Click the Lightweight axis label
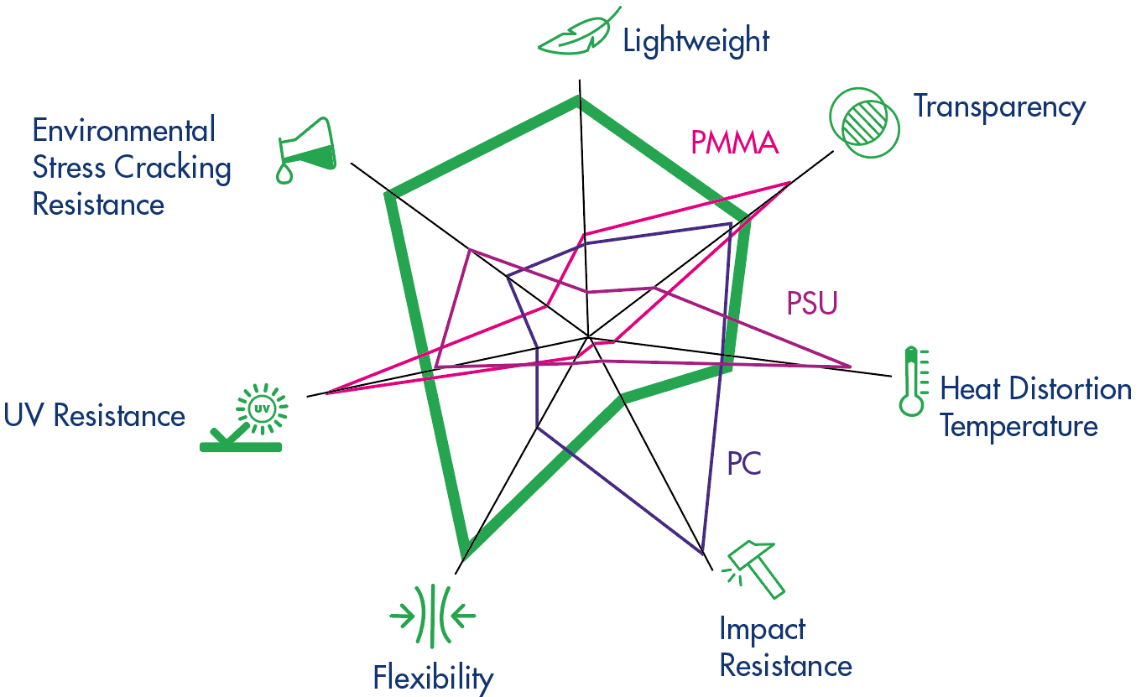click(x=696, y=40)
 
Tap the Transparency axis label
click(x=999, y=107)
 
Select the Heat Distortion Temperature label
click(x=1035, y=407)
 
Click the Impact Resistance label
click(x=785, y=647)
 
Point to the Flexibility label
click(x=433, y=676)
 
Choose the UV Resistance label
click(x=94, y=415)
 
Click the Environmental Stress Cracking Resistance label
click(x=131, y=167)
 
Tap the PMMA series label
click(x=735, y=143)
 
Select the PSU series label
click(x=811, y=303)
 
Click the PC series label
click(x=744, y=463)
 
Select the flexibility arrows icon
click(x=433, y=616)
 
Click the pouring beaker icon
click(x=306, y=151)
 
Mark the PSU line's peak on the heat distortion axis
click(x=850, y=367)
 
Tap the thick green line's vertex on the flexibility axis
click(x=464, y=554)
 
